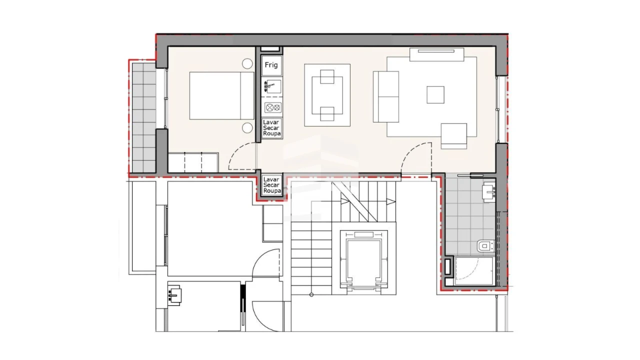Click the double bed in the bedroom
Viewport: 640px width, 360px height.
(x=222, y=95)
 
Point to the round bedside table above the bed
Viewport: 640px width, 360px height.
(x=247, y=63)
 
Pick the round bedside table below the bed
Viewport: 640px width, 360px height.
(x=247, y=127)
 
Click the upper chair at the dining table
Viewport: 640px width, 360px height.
(x=327, y=77)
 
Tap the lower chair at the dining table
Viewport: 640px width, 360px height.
(x=327, y=114)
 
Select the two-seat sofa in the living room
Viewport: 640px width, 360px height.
(x=386, y=96)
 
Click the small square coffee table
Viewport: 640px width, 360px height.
(x=435, y=94)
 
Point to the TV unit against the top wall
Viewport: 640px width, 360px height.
(x=437, y=54)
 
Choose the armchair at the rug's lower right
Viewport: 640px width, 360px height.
(x=453, y=136)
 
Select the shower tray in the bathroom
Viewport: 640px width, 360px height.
(x=473, y=271)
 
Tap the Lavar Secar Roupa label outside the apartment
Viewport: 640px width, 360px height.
(x=271, y=185)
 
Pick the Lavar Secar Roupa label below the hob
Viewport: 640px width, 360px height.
(x=271, y=128)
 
